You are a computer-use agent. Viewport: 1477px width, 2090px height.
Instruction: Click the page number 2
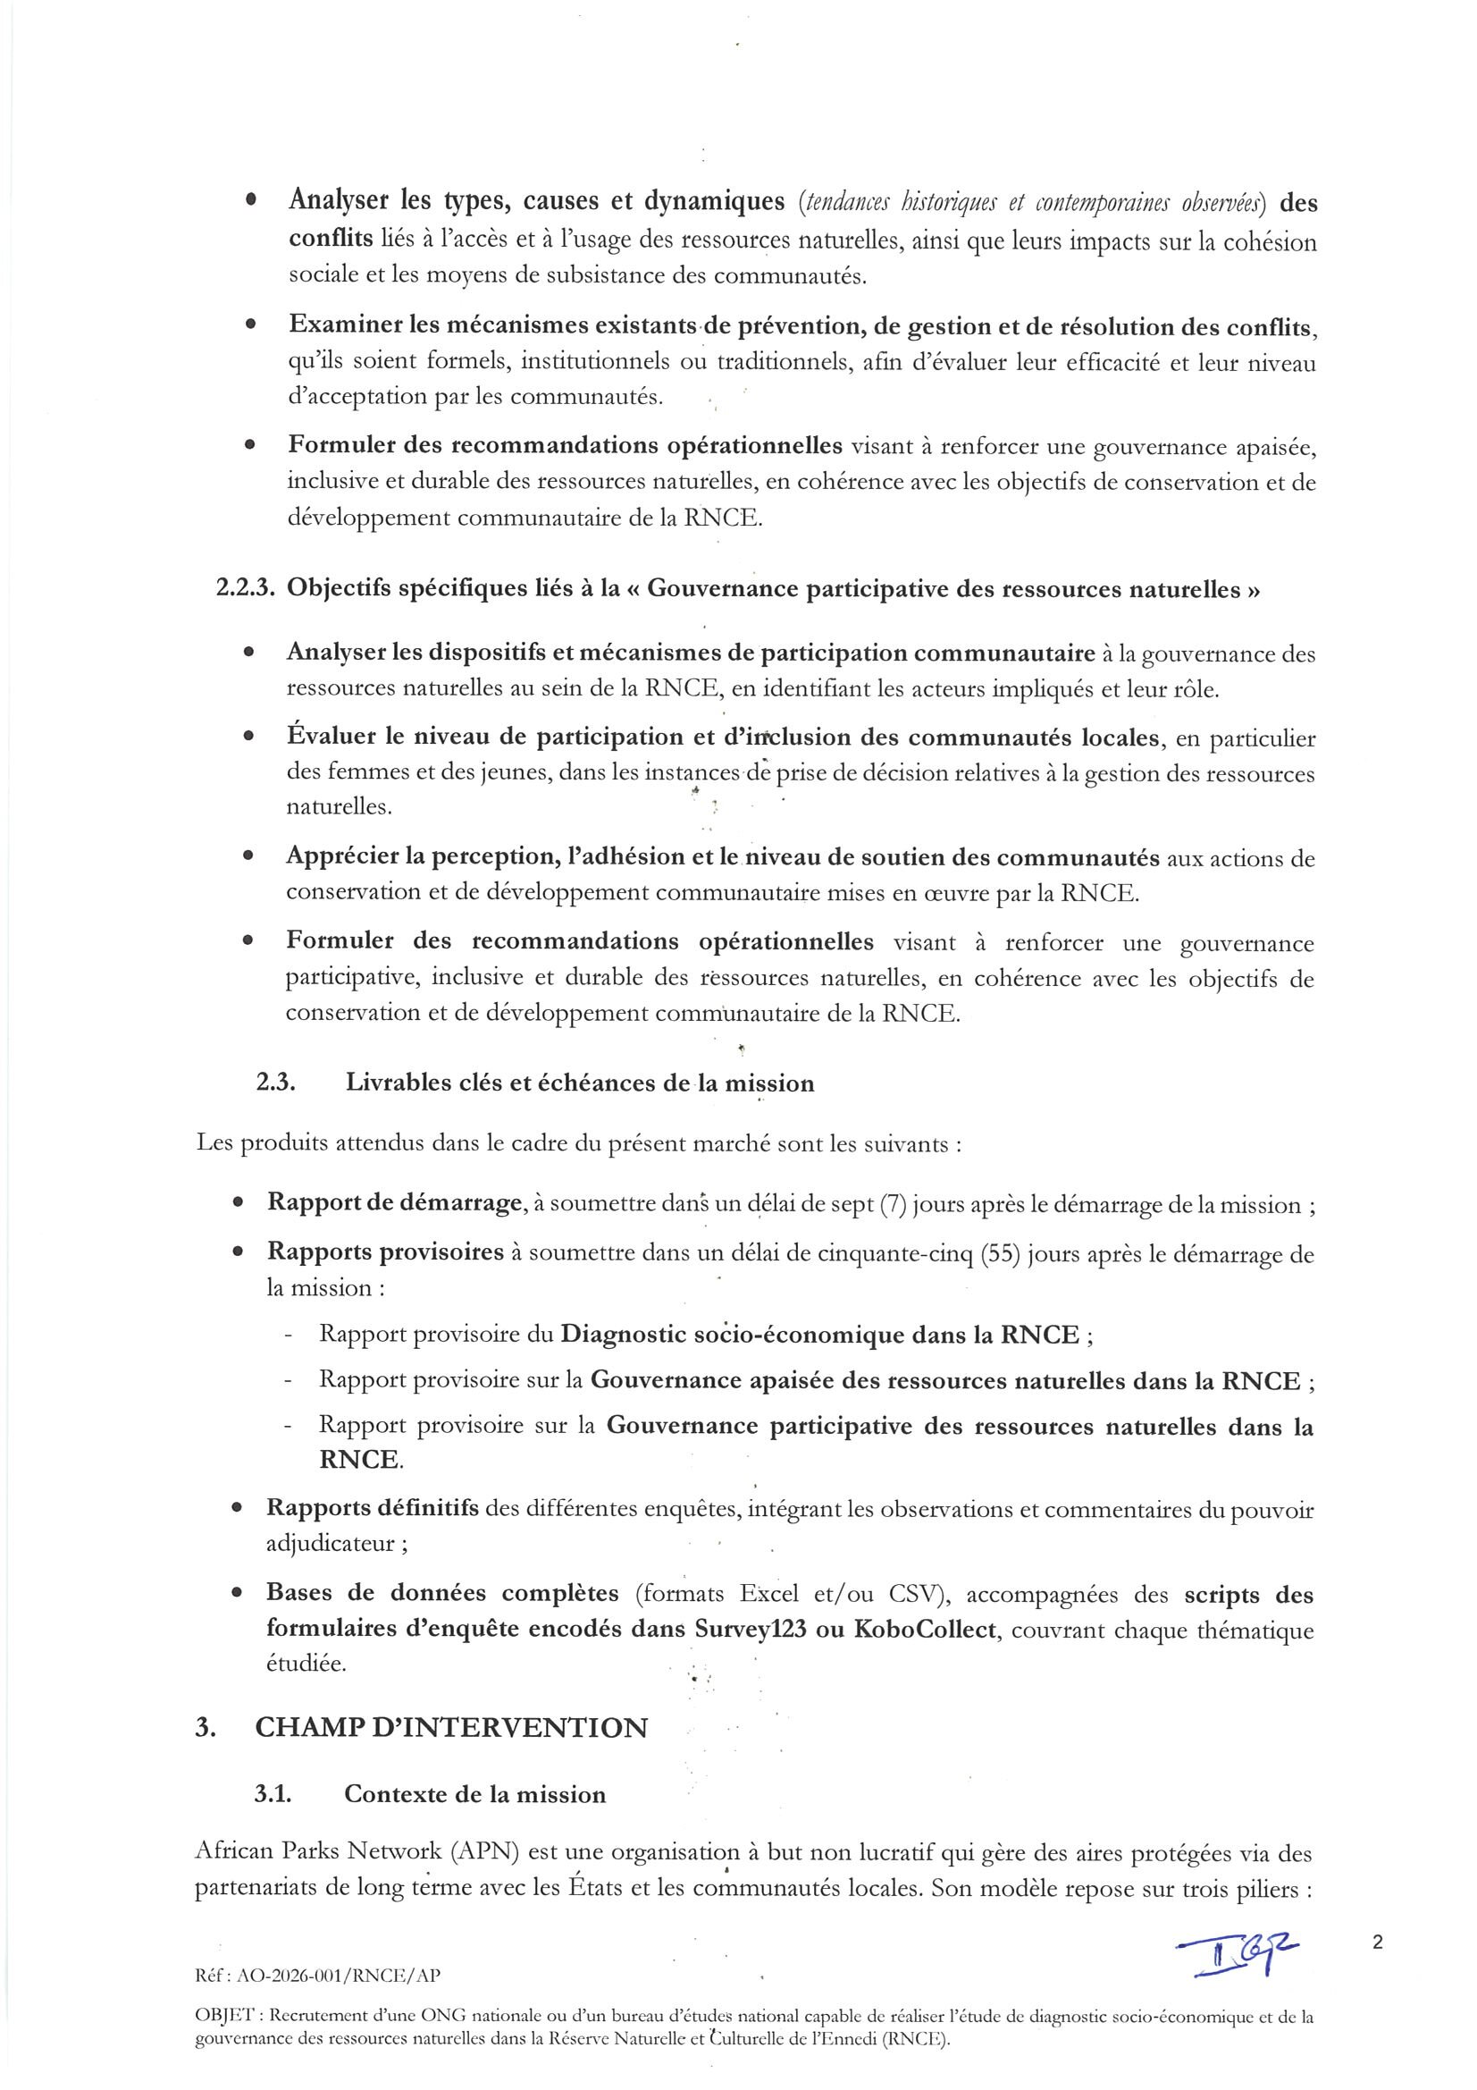[1377, 1943]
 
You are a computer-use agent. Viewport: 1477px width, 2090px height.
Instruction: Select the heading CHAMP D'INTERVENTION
[451, 1727]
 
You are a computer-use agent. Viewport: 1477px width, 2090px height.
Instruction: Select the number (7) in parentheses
[891, 1204]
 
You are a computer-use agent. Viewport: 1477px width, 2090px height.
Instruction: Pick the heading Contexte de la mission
[474, 1794]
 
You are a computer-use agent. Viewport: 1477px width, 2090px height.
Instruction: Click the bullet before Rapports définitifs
[238, 1508]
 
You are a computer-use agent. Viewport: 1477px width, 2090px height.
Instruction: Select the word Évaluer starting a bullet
[331, 737]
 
